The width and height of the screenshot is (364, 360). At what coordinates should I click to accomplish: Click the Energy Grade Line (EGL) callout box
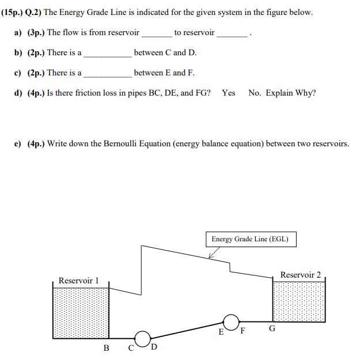click(250, 239)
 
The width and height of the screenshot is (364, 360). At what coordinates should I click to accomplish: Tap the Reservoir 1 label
click(79, 281)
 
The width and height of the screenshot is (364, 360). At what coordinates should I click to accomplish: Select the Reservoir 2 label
click(300, 275)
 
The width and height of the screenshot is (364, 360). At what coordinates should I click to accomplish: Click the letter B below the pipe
click(106, 348)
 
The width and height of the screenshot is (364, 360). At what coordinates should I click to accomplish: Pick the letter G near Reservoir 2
click(272, 329)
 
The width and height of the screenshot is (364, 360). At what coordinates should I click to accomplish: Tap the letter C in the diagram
click(131, 348)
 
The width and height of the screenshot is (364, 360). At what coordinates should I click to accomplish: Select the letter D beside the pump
click(154, 347)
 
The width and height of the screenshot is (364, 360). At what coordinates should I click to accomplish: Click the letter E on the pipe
click(221, 332)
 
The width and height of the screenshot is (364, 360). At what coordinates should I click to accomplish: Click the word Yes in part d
click(229, 93)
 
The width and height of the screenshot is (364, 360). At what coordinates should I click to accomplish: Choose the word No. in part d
click(255, 93)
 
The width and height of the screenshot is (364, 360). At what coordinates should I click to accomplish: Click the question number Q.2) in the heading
click(33, 12)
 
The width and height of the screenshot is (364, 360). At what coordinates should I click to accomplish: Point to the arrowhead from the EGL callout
click(210, 256)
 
